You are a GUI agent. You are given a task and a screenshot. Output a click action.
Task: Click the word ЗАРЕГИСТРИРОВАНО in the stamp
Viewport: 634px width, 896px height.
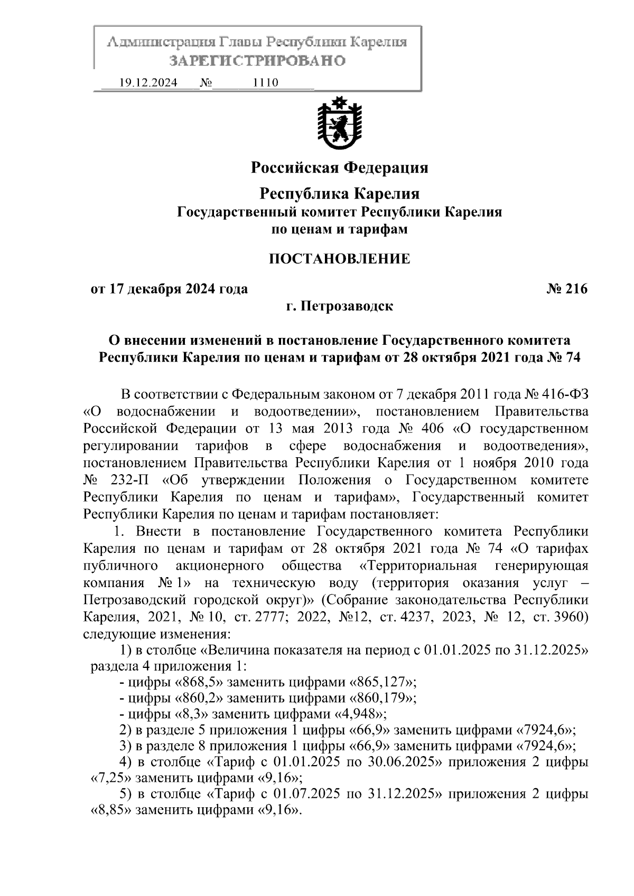[257, 61]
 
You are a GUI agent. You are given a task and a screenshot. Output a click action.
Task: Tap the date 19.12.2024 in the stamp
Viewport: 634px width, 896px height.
[148, 83]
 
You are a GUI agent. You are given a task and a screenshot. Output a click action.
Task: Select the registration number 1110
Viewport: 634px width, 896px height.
[265, 83]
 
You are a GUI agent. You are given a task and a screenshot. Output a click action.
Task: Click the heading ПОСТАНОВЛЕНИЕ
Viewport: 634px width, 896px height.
[339, 259]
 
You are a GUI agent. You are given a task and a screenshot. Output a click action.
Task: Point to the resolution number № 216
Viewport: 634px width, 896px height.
[567, 289]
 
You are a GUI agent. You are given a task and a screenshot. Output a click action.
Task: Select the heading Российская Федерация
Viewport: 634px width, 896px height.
[339, 168]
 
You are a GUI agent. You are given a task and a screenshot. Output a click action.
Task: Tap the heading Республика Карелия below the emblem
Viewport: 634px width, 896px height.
[339, 194]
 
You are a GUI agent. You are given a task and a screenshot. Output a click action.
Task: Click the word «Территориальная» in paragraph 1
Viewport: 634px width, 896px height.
[418, 566]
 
